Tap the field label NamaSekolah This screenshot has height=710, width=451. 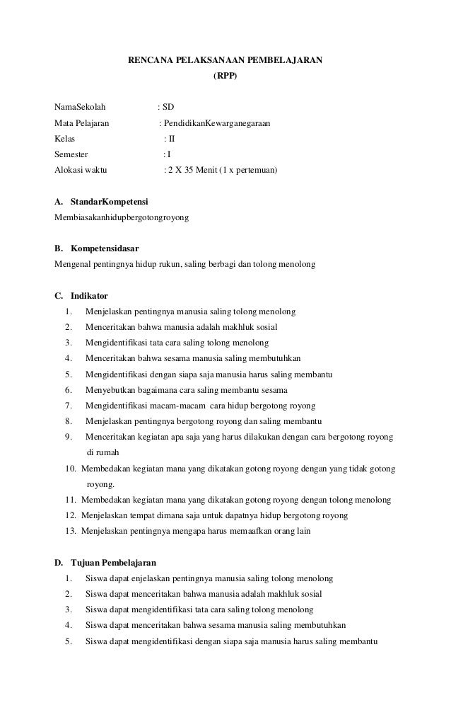[x=80, y=108]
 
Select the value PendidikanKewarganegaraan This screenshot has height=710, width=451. [x=216, y=123]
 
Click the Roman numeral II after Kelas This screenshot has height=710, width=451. [x=170, y=139]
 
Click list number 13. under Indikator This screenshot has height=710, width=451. [x=70, y=531]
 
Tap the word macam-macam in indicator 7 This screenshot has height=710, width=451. [x=177, y=406]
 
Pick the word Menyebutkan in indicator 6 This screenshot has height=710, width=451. [x=110, y=390]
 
